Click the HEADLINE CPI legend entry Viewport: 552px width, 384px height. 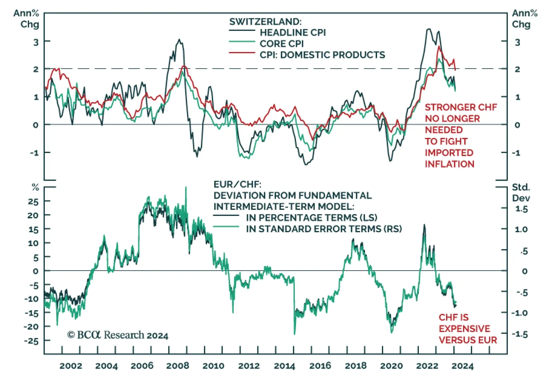pos(293,32)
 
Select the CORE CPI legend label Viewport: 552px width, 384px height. pos(282,44)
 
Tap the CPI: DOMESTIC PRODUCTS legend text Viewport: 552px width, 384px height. pos(322,55)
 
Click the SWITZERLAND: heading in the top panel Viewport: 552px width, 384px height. pos(265,21)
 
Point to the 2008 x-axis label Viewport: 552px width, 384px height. pos(178,366)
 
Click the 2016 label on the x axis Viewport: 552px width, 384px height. pos(320,366)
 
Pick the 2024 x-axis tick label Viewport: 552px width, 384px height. pos(462,366)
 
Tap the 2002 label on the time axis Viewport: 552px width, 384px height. pos(71,366)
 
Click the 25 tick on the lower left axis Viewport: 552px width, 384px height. pos(33,201)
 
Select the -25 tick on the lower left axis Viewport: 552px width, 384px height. pos(31,341)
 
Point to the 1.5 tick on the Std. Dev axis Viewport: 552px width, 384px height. pos(521,209)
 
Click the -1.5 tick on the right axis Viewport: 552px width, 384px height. pos(519,334)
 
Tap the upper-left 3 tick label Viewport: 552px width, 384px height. pos(36,42)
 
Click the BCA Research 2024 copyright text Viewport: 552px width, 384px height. pos(118,335)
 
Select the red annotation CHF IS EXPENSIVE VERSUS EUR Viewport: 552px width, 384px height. pos(467,329)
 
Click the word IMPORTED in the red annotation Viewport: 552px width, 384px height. pos(449,153)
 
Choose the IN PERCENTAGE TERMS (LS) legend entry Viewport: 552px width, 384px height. pos(312,218)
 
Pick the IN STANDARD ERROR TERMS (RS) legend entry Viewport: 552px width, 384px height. pos(324,229)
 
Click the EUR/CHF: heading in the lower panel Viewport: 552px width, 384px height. pos(237,184)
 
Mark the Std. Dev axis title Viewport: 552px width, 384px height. pos(521,192)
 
